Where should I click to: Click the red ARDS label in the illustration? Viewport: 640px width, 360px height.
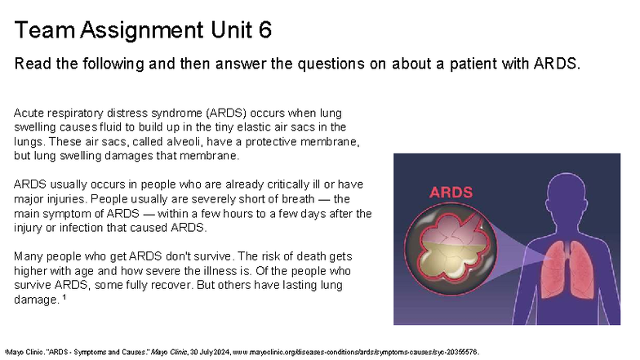451,193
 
